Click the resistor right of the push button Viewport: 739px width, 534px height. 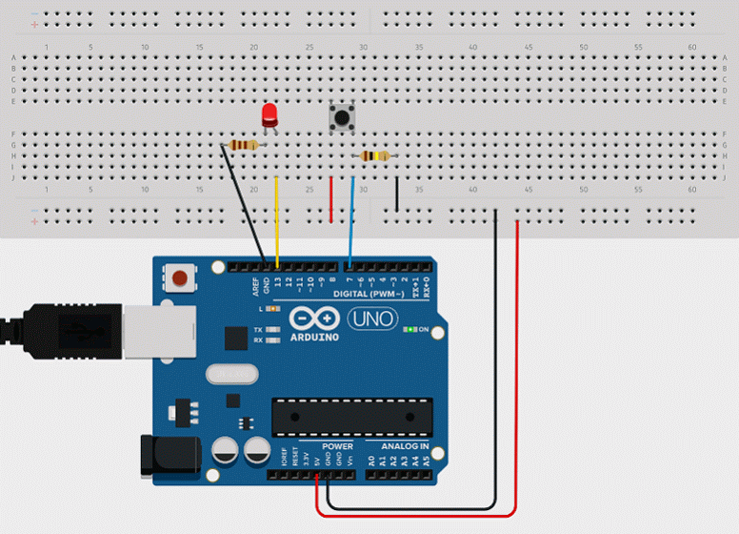[374, 155]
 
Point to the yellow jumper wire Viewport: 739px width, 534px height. [277, 219]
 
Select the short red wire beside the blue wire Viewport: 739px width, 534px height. [330, 199]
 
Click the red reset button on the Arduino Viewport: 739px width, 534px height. [178, 279]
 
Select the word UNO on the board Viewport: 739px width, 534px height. [373, 319]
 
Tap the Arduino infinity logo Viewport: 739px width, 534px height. [313, 318]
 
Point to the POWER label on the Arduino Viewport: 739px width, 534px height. [337, 446]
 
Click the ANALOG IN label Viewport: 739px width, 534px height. [405, 446]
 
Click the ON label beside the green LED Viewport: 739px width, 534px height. [425, 330]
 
